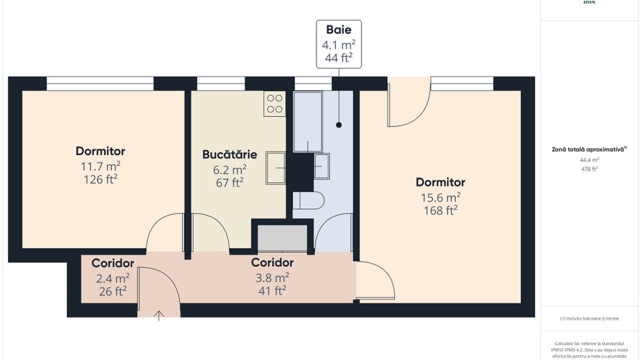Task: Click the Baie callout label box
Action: pos(338,44)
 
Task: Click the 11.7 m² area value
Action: pos(100,166)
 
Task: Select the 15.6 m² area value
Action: pos(440,197)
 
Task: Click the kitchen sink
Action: pos(276,168)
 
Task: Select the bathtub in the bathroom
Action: pos(308,122)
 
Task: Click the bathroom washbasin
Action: pos(321,166)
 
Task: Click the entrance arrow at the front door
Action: pos(159,315)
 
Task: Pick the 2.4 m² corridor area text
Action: pos(113,278)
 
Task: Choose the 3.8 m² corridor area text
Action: pos(272,277)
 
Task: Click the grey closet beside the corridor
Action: pos(282,238)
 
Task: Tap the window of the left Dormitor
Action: pos(100,83)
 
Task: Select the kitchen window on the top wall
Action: pos(221,83)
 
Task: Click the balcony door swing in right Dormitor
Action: pos(408,102)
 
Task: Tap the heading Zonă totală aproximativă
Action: pos(589,148)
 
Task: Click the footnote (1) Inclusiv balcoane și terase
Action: pos(589,318)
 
